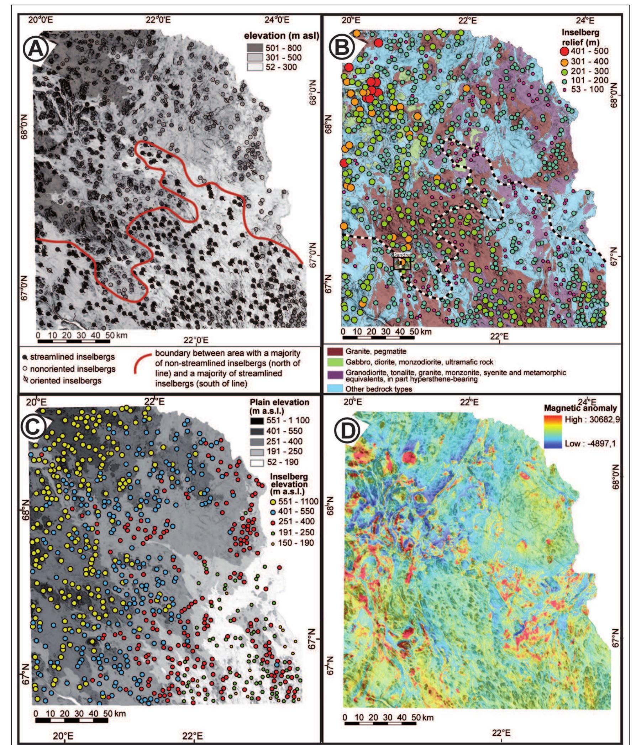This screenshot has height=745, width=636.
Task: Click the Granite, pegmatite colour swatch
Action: (333, 351)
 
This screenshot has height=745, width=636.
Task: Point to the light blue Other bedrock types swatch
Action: (333, 389)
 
